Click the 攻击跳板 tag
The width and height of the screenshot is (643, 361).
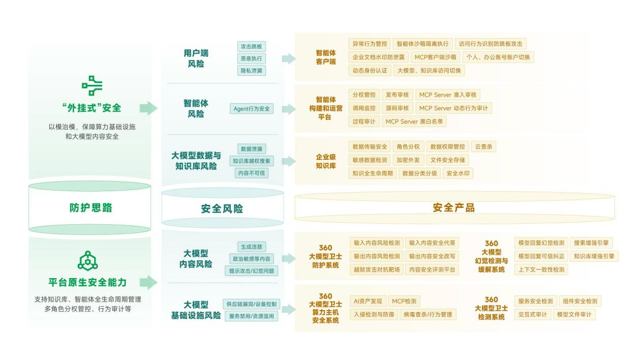252,47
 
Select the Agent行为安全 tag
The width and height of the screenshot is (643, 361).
252,109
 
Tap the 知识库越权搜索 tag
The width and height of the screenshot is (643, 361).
252,161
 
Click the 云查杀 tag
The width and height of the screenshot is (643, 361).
484,147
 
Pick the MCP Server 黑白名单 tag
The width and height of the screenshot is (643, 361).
414,122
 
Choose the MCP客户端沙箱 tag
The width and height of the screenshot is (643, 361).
436,57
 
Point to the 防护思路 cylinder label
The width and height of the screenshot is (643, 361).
90,207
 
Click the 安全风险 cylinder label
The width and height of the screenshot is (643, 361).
222,209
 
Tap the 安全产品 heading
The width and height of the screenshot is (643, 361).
454,207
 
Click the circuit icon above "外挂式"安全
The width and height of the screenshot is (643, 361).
92,85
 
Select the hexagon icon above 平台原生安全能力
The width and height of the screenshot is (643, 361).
88,261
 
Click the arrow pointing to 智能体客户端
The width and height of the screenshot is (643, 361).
289,58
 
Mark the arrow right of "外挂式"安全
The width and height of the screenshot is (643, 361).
149,108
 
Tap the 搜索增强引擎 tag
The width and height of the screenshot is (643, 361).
591,243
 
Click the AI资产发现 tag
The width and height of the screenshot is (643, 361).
368,302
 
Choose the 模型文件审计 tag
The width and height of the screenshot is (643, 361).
574,314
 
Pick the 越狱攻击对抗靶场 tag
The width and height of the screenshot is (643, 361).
377,269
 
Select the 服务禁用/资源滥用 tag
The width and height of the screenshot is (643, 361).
252,316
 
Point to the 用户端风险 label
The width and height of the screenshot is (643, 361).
196,58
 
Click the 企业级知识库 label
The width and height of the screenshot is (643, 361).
326,161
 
